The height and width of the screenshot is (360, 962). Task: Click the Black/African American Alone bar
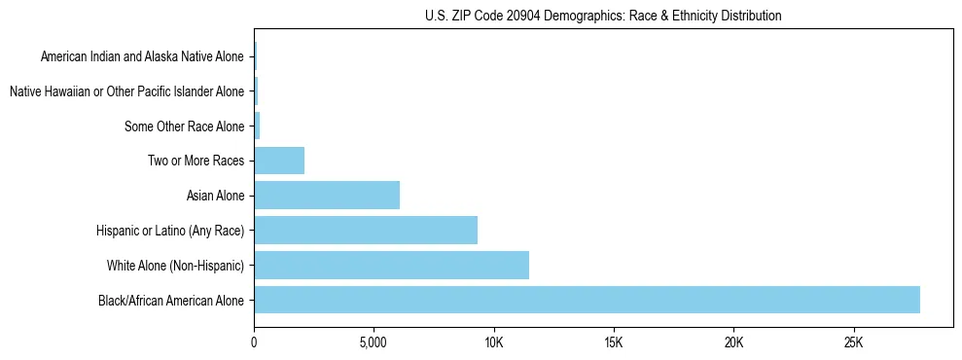(587, 300)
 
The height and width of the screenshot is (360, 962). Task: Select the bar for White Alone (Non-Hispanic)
(391, 265)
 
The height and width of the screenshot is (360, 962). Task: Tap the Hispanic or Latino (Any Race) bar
(366, 230)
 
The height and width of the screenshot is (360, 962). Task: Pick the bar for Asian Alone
(327, 196)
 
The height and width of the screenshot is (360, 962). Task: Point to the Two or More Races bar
(279, 161)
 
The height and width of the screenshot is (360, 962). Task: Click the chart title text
(603, 16)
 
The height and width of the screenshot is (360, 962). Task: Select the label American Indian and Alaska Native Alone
(142, 57)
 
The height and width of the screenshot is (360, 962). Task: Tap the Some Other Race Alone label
(184, 126)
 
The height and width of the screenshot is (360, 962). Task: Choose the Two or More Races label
(196, 161)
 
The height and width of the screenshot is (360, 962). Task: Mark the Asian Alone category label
(215, 196)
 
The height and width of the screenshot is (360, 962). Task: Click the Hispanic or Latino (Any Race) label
(170, 231)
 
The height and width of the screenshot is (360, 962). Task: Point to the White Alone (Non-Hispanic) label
(175, 265)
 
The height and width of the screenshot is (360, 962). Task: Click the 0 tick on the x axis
(254, 343)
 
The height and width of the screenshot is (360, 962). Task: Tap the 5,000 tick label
(374, 343)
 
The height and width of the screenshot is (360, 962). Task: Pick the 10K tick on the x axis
(493, 343)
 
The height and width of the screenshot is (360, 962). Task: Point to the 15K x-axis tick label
(613, 343)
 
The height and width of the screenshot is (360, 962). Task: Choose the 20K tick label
(733, 343)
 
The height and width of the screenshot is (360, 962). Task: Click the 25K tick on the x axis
(853, 343)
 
